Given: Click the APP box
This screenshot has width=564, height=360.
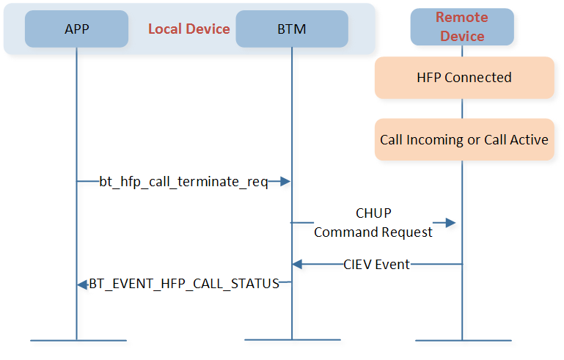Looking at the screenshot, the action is coord(76,29).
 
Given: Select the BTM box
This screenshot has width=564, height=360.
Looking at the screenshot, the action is coord(292,29).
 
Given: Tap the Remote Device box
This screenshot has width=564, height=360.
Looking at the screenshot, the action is coord(462,27).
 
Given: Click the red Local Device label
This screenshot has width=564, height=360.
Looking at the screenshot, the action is coord(188,29).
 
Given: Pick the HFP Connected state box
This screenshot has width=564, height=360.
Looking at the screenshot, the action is coord(464,78).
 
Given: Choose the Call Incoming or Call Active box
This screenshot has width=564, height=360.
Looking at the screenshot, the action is coord(464,139).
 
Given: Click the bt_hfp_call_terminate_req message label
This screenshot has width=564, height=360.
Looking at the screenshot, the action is coord(184,182).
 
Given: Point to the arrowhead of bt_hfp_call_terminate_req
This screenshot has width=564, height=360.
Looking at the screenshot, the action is coord(285,181).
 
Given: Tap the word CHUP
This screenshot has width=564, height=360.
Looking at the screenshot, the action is coord(373,213).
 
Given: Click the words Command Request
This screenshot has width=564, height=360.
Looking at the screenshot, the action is coord(373,232).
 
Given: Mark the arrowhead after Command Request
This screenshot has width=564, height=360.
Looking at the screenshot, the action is coord(451,223).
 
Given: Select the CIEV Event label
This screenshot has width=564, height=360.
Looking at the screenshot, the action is coord(376,265).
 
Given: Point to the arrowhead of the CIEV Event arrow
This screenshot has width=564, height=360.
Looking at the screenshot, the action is coord(297,265).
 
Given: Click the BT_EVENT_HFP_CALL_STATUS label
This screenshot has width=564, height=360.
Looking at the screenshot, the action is coord(184,284).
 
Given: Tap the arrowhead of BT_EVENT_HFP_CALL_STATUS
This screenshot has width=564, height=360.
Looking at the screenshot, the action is coord(82,284).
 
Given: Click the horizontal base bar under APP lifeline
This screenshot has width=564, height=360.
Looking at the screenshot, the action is coord(78,340).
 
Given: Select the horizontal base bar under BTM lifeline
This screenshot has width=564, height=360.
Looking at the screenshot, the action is coord(293,340).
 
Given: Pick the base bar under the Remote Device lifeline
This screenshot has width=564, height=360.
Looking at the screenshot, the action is coord(464,340).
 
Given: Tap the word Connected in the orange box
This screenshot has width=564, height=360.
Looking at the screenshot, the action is coord(478,78).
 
